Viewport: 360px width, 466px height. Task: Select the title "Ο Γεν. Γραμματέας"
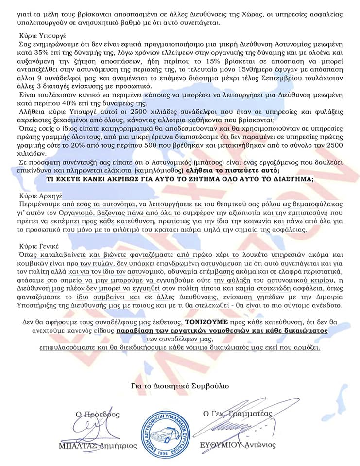click(x=238, y=413)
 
